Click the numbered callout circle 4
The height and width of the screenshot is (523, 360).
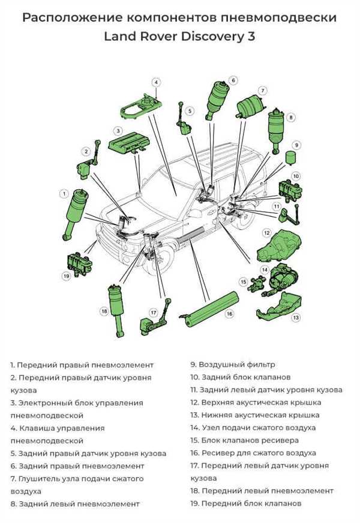tap(156, 82)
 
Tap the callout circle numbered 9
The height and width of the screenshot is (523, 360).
tap(296, 145)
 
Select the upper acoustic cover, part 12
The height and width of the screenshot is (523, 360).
tap(278, 245)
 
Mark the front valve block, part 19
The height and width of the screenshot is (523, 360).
tap(79, 262)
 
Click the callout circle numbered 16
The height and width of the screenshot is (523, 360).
tap(229, 313)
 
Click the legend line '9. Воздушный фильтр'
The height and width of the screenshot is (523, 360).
tap(233, 364)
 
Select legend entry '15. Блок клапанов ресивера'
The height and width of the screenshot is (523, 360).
tap(244, 440)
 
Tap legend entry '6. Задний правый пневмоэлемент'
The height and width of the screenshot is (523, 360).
tap(77, 466)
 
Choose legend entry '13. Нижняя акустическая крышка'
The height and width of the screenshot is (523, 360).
tap(255, 416)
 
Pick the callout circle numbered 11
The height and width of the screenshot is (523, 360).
tap(277, 207)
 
